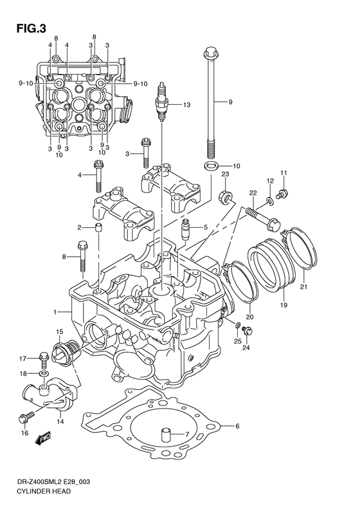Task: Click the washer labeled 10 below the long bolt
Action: (209, 167)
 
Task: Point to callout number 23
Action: (226, 174)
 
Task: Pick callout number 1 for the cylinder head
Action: (57, 311)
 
